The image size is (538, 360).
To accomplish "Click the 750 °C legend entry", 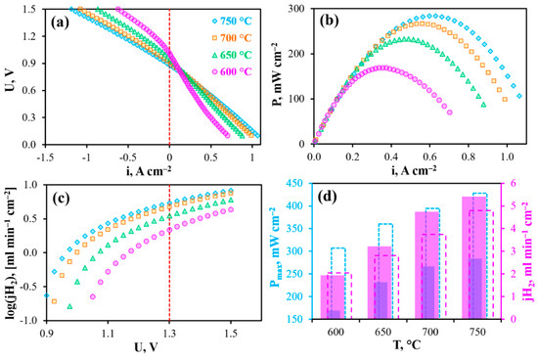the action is click(x=232, y=21).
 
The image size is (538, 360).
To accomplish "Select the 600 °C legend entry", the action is click(x=232, y=71).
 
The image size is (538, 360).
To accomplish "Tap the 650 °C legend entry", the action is click(x=232, y=55).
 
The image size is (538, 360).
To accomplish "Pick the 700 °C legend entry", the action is click(x=232, y=38).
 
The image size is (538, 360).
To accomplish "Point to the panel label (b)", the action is click(x=329, y=21).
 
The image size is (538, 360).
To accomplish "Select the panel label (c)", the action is click(x=60, y=199).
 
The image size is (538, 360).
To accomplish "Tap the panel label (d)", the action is click(x=329, y=197).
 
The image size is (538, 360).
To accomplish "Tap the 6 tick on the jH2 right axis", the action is click(x=514, y=183).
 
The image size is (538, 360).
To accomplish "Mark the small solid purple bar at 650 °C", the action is click(x=381, y=300).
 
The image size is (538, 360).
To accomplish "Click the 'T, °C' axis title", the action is click(x=407, y=345).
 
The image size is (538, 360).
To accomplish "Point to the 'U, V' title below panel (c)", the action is click(x=145, y=347).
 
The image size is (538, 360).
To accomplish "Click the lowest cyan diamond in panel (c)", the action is click(x=47, y=295).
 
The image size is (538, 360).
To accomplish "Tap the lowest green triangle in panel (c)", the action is click(x=69, y=306).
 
